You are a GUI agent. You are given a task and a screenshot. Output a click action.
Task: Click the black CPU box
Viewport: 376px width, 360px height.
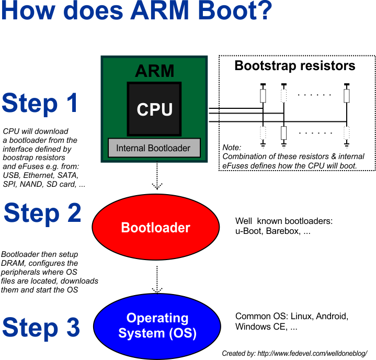[x=154, y=109]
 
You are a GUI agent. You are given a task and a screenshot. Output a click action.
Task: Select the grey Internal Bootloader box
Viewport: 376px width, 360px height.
[x=153, y=148]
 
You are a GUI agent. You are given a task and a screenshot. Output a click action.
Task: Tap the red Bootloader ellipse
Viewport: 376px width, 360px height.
[x=155, y=228]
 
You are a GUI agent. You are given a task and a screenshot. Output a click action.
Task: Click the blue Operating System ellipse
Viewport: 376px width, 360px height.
[x=157, y=325]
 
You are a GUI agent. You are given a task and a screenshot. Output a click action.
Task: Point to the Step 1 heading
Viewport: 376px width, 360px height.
[x=40, y=103]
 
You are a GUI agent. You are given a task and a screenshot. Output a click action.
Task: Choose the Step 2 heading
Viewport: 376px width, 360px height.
[x=42, y=213]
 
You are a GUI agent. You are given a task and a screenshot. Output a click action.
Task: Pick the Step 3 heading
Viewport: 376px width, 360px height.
[x=41, y=328]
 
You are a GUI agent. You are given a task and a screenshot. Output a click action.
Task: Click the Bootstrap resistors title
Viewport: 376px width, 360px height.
[x=295, y=66]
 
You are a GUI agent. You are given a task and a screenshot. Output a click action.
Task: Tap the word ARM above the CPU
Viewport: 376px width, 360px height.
[x=154, y=71]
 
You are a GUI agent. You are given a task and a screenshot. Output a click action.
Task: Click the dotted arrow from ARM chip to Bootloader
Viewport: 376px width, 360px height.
[x=156, y=177]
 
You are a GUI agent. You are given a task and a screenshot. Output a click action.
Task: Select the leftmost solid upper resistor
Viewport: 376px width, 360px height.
[x=263, y=96]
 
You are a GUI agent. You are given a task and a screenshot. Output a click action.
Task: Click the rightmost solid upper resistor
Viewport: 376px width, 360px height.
[x=346, y=96]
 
